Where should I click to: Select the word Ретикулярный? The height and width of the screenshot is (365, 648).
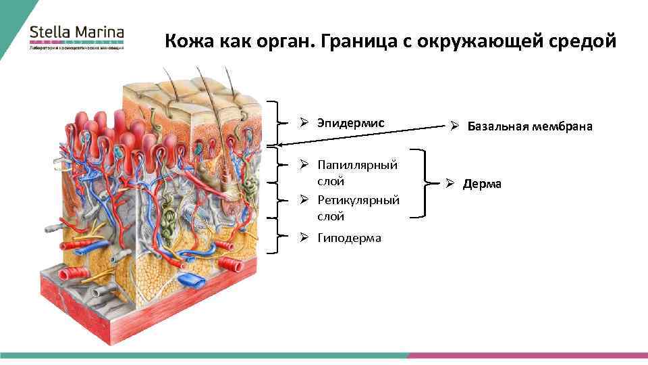point(358,200)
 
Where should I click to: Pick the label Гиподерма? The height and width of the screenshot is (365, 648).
point(349,237)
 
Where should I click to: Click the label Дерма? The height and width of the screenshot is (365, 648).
point(482,184)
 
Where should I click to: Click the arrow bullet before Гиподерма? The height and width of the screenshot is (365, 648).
point(305,237)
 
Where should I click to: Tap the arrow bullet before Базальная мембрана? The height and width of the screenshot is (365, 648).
point(455,126)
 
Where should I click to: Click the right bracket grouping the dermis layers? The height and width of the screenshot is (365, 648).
point(423,183)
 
